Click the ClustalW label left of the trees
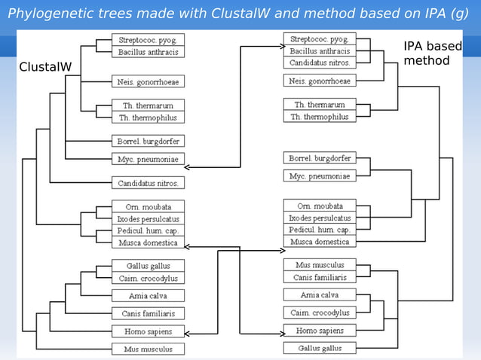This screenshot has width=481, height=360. [x=45, y=67]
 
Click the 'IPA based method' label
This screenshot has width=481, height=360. [x=432, y=53]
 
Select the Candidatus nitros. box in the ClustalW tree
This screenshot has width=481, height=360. [x=148, y=182]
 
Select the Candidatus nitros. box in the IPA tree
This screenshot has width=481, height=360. [x=320, y=63]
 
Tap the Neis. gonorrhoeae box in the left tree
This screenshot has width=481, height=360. [x=148, y=81]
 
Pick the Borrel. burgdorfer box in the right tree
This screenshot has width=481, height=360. [x=320, y=158]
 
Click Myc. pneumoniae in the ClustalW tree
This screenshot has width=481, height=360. [x=148, y=160]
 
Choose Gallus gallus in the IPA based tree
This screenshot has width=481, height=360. [x=320, y=348]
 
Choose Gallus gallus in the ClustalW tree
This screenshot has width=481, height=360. [x=148, y=266]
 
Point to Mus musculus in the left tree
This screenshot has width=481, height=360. [x=148, y=349]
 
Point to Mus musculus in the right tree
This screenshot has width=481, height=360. [x=320, y=265]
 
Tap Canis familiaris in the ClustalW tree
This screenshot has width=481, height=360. [x=148, y=313]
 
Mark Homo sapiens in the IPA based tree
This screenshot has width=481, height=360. [x=320, y=331]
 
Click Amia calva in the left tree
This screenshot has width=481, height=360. [x=148, y=295]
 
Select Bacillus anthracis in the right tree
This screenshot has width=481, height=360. [x=320, y=51]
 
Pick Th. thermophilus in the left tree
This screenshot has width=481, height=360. [x=148, y=117]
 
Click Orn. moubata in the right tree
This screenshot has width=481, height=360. [x=320, y=206]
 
